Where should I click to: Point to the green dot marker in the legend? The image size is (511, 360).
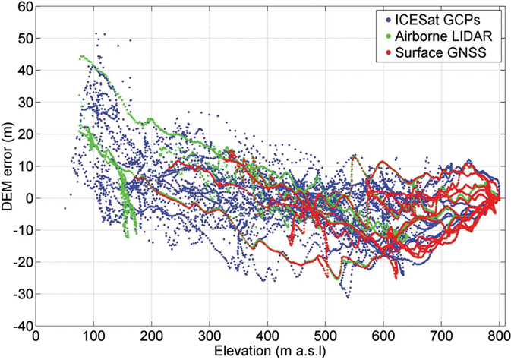[x=406, y=35]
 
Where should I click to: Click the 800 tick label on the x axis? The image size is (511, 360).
[x=499, y=336]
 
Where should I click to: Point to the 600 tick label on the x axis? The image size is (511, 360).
[x=383, y=336]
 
